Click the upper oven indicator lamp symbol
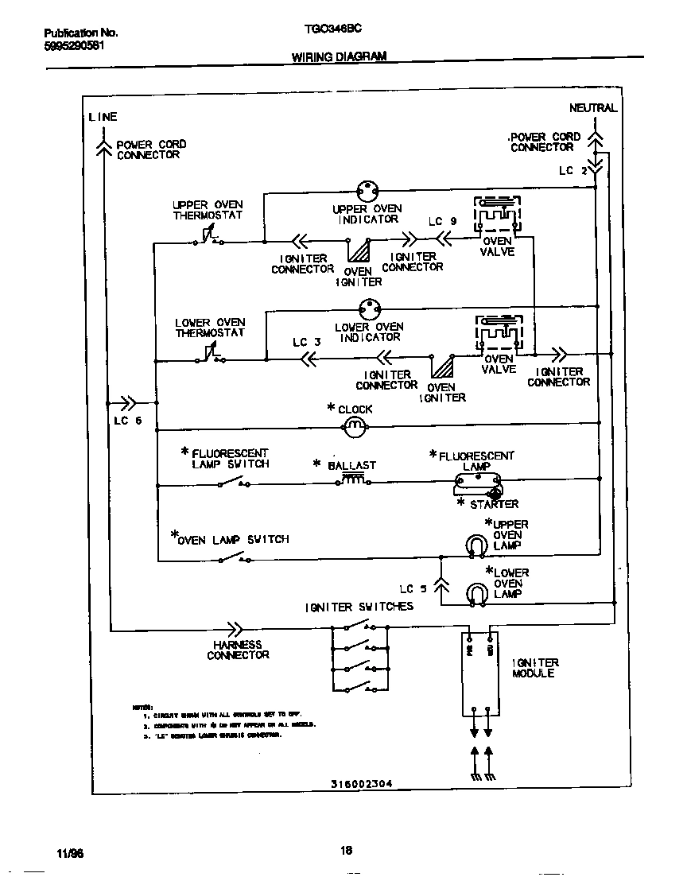pyautogui.click(x=367, y=192)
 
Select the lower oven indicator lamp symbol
pyautogui.click(x=367, y=309)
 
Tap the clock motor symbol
pyautogui.click(x=355, y=429)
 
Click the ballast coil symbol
pyautogui.click(x=355, y=480)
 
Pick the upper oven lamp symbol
pyautogui.click(x=475, y=544)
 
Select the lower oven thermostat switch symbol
pyautogui.click(x=208, y=355)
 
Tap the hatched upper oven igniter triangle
pyautogui.click(x=361, y=252)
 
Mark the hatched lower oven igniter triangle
pyautogui.click(x=441, y=367)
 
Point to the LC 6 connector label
pyautogui.click(x=127, y=421)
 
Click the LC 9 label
pyautogui.click(x=442, y=222)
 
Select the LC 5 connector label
pyautogui.click(x=413, y=589)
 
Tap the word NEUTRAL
pyautogui.click(x=592, y=108)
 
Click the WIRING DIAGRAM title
pyautogui.click(x=339, y=56)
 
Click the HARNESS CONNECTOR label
pyautogui.click(x=238, y=650)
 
